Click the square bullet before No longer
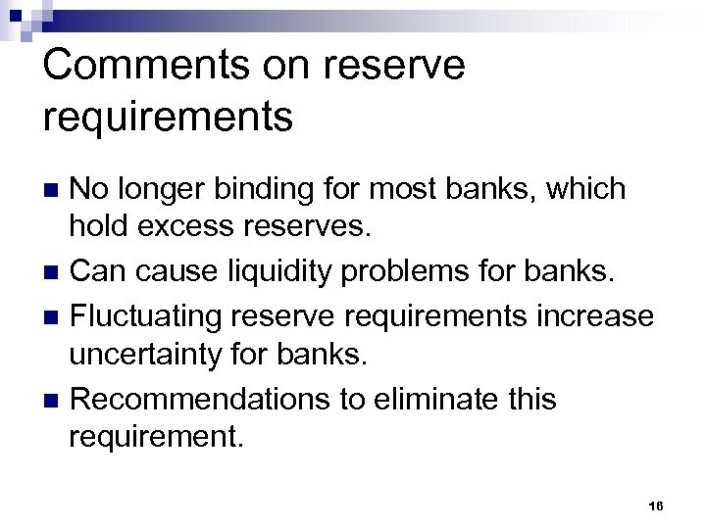pyautogui.click(x=55, y=189)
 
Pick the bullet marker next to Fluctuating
pyautogui.click(x=55, y=316)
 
